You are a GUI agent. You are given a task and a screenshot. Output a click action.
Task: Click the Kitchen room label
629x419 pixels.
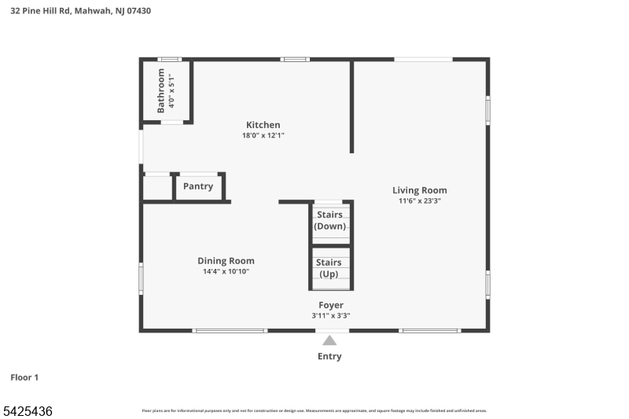(263, 125)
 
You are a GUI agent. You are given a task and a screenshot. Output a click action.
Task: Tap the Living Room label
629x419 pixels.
(420, 190)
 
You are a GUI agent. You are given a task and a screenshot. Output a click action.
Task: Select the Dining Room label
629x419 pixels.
(226, 261)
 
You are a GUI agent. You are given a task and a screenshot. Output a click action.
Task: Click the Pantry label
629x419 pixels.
(198, 186)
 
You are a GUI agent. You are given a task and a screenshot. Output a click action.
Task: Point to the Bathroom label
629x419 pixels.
(161, 90)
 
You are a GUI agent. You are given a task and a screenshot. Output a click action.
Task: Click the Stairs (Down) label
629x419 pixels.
(329, 220)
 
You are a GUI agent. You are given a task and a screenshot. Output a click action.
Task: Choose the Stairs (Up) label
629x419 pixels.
(329, 268)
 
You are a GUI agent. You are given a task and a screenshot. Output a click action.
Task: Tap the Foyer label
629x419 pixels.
(330, 305)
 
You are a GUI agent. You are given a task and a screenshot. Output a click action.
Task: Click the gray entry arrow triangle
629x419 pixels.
(329, 340)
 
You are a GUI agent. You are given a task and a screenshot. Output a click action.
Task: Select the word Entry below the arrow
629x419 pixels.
(329, 356)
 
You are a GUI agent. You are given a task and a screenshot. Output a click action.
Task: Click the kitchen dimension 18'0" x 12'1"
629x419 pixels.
(263, 135)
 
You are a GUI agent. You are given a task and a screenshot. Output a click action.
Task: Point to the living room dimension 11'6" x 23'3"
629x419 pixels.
(420, 200)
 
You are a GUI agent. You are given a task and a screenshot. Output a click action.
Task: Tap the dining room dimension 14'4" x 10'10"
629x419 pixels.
(226, 271)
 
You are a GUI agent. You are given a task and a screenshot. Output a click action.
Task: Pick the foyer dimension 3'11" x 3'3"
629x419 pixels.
(330, 315)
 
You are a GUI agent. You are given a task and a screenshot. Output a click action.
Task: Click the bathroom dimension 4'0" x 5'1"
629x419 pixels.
(171, 90)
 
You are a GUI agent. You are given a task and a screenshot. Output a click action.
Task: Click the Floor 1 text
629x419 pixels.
(24, 377)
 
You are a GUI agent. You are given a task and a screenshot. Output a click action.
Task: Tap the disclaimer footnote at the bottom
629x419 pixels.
(314, 410)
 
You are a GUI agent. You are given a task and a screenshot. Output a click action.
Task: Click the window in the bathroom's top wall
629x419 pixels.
(169, 59)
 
